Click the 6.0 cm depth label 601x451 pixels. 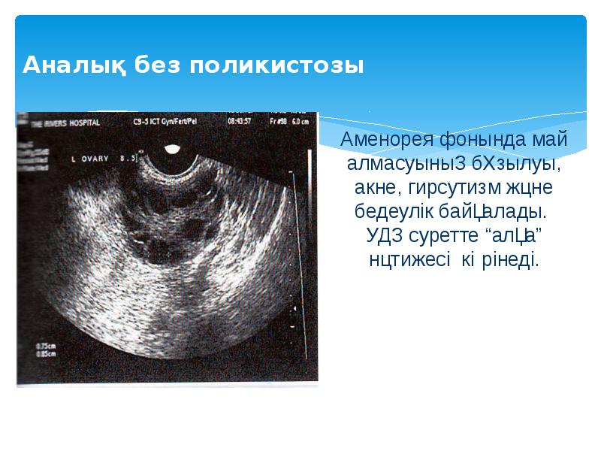click(x=300, y=120)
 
